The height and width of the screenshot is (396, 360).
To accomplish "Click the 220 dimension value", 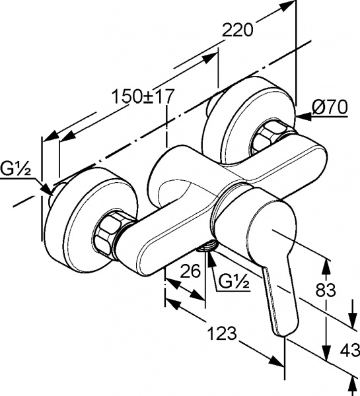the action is (x=237, y=30).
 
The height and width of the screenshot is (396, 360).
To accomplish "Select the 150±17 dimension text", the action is (x=143, y=96).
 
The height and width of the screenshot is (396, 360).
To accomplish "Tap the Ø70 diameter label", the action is (x=330, y=108).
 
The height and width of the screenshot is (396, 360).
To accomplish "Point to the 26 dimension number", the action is (x=190, y=271).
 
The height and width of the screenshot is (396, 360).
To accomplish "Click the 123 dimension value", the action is (x=222, y=333).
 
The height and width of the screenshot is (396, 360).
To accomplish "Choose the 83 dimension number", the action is (x=326, y=290).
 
